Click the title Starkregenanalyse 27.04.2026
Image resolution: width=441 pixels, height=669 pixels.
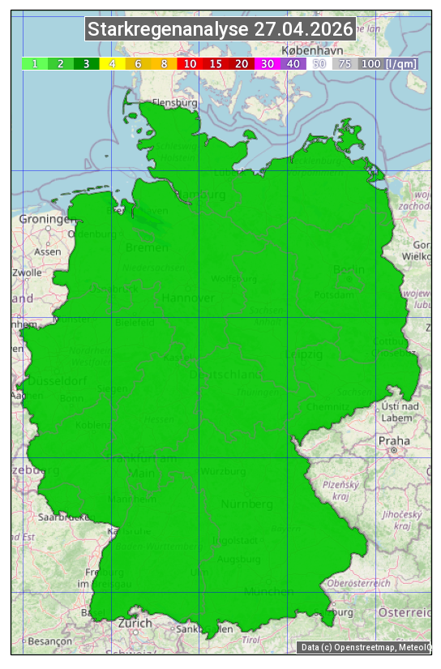[220, 30]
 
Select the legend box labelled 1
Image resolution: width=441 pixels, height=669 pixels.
[35, 63]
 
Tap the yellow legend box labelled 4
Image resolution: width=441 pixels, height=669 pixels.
[113, 63]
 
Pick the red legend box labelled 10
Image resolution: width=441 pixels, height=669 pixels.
[190, 63]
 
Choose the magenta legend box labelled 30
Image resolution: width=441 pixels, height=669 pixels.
[268, 63]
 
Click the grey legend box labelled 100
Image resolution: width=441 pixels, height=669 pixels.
[370, 63]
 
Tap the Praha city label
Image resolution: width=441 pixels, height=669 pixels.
[393, 440]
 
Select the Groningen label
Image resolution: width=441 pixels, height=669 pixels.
[45, 219]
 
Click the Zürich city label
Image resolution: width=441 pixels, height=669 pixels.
[135, 623]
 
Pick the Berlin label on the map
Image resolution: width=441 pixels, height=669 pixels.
[349, 269]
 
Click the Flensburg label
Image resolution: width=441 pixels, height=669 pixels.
[174, 103]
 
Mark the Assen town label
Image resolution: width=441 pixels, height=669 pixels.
[48, 251]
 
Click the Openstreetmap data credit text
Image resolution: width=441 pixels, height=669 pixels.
[350, 647]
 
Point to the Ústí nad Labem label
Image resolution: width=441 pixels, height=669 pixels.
[400, 411]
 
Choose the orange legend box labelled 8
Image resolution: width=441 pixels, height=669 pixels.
[164, 63]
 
